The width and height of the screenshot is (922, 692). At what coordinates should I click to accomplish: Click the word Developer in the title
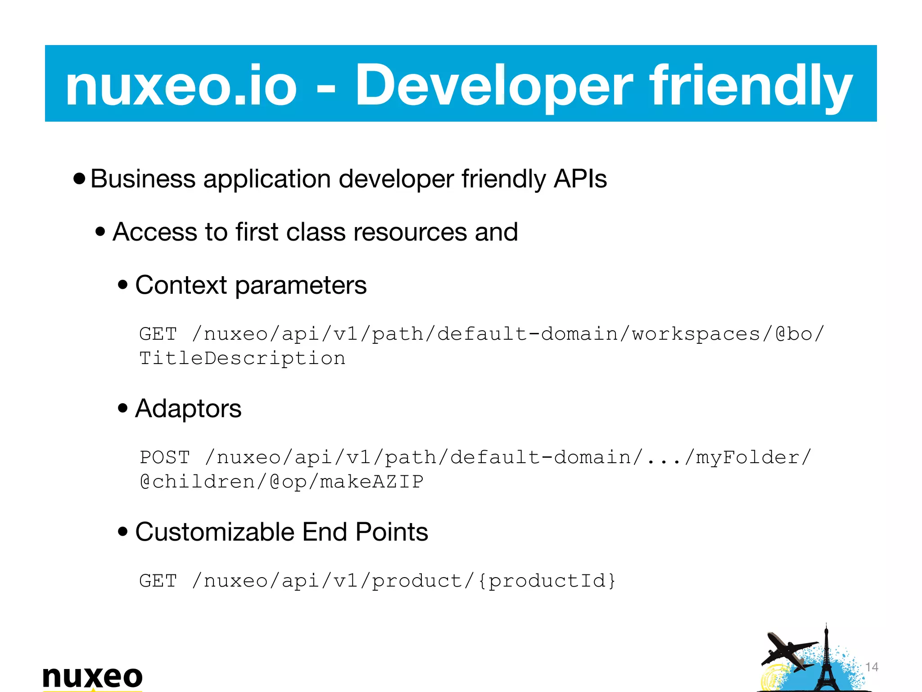pyautogui.click(x=494, y=85)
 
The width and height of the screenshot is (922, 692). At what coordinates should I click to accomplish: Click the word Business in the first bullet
pyautogui.click(x=143, y=179)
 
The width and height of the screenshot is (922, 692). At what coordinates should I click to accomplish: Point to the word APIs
pyautogui.click(x=580, y=179)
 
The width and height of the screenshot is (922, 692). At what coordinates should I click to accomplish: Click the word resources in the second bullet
pyautogui.click(x=410, y=232)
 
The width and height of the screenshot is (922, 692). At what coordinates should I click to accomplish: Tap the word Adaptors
pyautogui.click(x=188, y=409)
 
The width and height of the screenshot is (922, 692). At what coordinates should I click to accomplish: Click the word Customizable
pyautogui.click(x=215, y=532)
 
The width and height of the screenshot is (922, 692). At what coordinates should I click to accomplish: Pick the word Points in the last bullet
pyautogui.click(x=392, y=532)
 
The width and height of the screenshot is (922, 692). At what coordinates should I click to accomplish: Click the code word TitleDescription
pyautogui.click(x=242, y=359)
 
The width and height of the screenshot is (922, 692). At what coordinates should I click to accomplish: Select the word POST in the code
pyautogui.click(x=165, y=458)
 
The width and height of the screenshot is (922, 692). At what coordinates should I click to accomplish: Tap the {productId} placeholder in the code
pyautogui.click(x=547, y=581)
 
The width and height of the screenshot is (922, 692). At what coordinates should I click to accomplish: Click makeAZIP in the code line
pyautogui.click(x=371, y=482)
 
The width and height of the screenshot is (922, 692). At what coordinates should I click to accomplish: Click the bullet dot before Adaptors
pyautogui.click(x=122, y=409)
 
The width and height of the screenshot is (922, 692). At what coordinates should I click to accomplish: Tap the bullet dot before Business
pyautogui.click(x=79, y=179)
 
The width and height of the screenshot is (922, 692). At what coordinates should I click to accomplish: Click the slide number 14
pyautogui.click(x=872, y=667)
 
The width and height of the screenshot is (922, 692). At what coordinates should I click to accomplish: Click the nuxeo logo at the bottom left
pyautogui.click(x=92, y=677)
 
